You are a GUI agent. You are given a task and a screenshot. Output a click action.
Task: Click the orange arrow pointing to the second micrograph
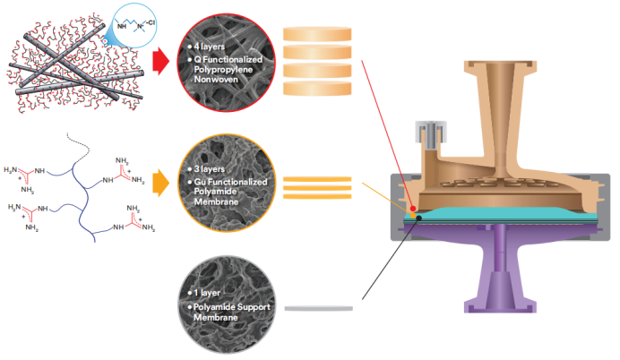(159, 184)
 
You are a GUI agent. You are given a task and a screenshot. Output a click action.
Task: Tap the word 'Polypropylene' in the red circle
(229, 68)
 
